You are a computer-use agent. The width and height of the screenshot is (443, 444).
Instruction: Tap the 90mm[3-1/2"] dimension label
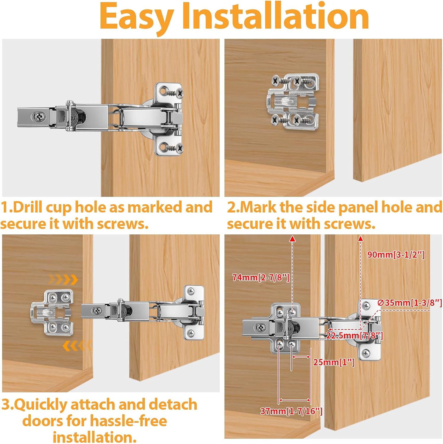coord(396,255)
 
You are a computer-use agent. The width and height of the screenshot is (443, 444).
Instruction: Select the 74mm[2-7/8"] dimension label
coord(261,277)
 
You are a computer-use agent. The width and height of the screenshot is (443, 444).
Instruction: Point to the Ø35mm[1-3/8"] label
coord(410,303)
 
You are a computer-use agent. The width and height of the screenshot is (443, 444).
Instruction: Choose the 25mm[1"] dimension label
coord(334,362)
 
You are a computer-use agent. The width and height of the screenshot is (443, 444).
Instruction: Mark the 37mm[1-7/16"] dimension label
coord(291,411)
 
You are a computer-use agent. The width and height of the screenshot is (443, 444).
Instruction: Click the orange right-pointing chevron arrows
coord(63,279)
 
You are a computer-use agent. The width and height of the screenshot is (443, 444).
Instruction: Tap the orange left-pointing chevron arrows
coord(77,345)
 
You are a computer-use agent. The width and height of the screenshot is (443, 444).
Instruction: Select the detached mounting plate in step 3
coord(52,313)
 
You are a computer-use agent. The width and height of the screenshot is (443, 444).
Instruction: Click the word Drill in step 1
coord(28,207)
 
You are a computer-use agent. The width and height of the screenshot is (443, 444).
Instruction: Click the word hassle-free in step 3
coord(128,421)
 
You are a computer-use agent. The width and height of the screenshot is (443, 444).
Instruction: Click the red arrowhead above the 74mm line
coord(292,239)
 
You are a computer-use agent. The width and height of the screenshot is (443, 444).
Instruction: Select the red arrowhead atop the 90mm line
coord(360,239)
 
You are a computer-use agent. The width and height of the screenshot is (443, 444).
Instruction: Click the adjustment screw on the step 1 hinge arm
coord(39,117)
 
